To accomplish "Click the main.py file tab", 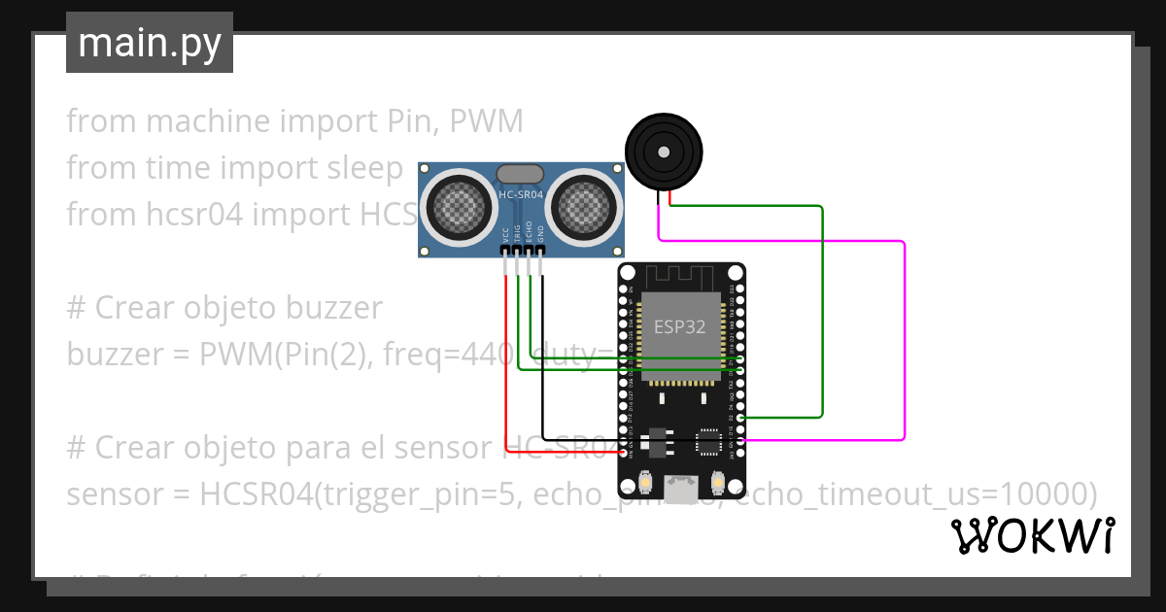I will pyautogui.click(x=149, y=44).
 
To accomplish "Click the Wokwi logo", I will pyautogui.click(x=1031, y=535).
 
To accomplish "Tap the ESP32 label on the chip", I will pyautogui.click(x=680, y=326).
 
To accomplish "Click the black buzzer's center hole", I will pyautogui.click(x=664, y=153).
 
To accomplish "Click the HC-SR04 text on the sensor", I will pyautogui.click(x=522, y=195).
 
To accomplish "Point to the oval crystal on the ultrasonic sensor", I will pyautogui.click(x=521, y=174).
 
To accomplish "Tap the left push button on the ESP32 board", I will pyautogui.click(x=645, y=483).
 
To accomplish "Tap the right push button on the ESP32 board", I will pyautogui.click(x=719, y=483).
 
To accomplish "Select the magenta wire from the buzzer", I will pyautogui.click(x=905, y=340).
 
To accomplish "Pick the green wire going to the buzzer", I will pyautogui.click(x=822, y=311).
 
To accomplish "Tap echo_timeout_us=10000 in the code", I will pyautogui.click(x=913, y=494).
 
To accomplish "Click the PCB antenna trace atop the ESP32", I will pyautogui.click(x=680, y=276).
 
